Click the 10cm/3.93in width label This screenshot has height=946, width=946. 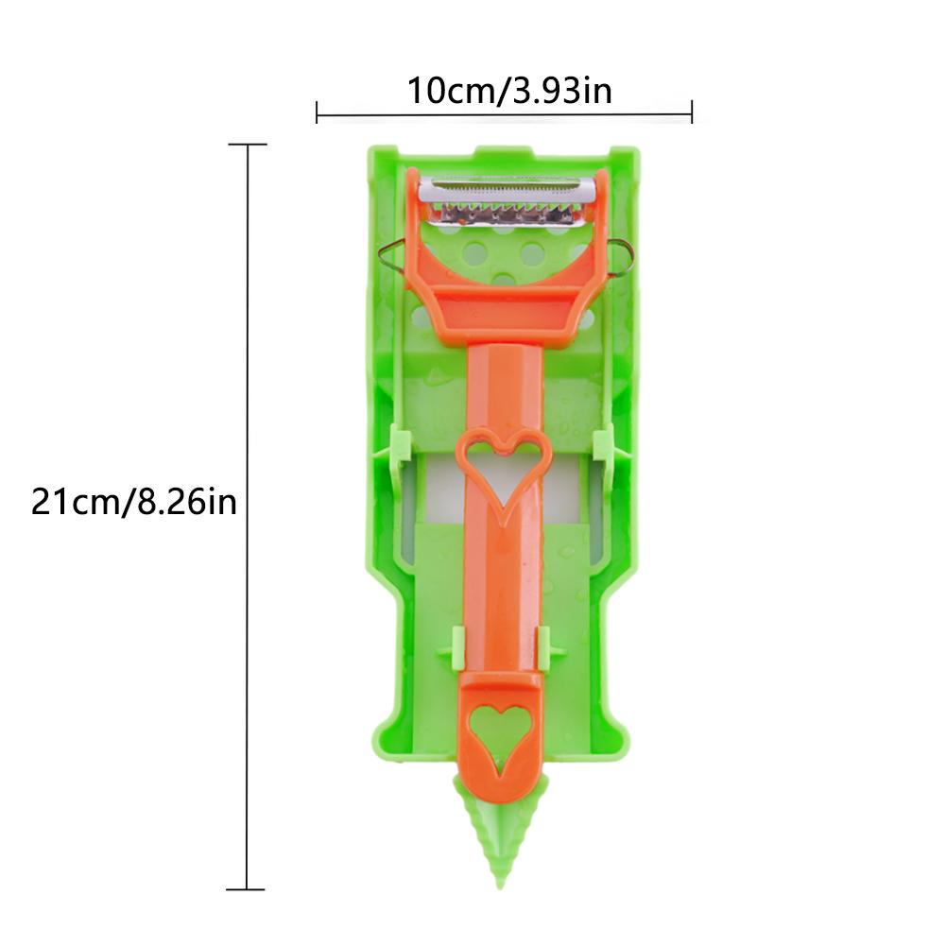pos(509,91)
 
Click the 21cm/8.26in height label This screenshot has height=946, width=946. pos(133,501)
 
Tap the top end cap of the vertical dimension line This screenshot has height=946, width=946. pos(248,145)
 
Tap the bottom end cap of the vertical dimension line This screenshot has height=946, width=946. pos(248,888)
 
